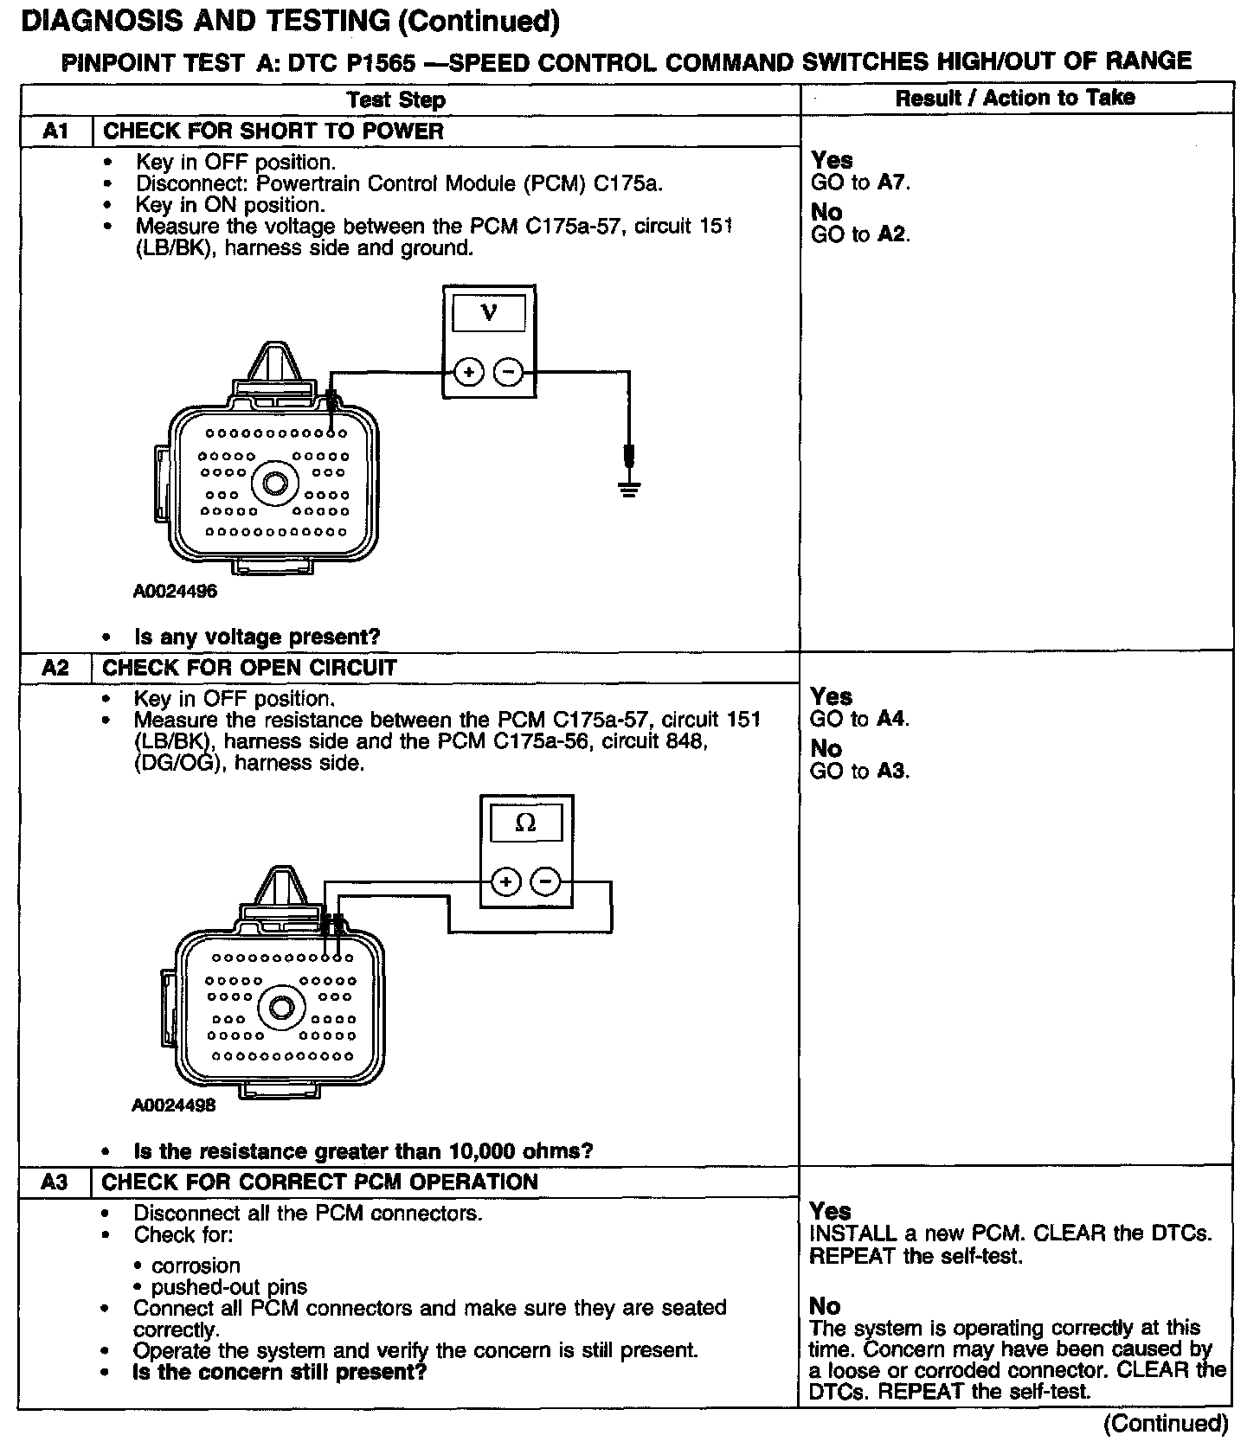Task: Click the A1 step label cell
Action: tap(55, 131)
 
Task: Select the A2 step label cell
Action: tap(55, 668)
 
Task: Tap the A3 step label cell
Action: tap(55, 1182)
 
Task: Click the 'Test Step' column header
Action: tap(395, 99)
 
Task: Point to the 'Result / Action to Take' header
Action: tap(1014, 98)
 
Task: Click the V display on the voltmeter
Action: tap(489, 312)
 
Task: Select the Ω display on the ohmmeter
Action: tap(526, 823)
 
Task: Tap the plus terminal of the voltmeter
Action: tap(468, 373)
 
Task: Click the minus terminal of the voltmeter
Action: tap(509, 373)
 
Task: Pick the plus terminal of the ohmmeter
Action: tap(505, 882)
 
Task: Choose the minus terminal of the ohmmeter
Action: tap(545, 882)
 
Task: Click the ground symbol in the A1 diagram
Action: tap(629, 489)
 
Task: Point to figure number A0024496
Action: tap(175, 592)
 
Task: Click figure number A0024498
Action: tap(174, 1105)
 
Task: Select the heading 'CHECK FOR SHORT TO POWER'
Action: tap(273, 131)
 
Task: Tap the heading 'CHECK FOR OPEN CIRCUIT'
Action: tap(249, 668)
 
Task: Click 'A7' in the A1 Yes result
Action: tap(892, 183)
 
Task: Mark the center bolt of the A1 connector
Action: tap(275, 483)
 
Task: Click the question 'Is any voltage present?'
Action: tap(257, 638)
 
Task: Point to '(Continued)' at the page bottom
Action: tap(1166, 1423)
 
